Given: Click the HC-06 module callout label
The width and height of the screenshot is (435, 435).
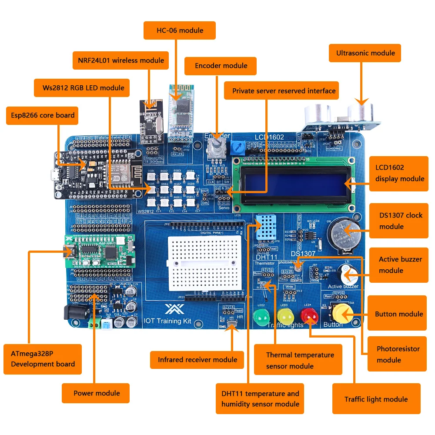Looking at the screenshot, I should point(180,31).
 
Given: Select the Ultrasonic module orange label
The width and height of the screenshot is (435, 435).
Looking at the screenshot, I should point(365,53).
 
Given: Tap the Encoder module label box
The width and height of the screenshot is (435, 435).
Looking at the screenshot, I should point(221,66).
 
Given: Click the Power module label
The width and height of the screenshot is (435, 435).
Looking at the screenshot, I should point(96,393).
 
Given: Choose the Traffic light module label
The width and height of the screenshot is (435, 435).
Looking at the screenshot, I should point(376,399).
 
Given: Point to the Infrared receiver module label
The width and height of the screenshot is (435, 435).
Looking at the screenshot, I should point(197,359).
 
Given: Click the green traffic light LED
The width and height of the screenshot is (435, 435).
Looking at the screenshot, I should point(262,318).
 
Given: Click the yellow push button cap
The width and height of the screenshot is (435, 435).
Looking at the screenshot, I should point(342,312).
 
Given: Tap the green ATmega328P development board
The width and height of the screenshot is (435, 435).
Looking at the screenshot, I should point(100,251).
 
